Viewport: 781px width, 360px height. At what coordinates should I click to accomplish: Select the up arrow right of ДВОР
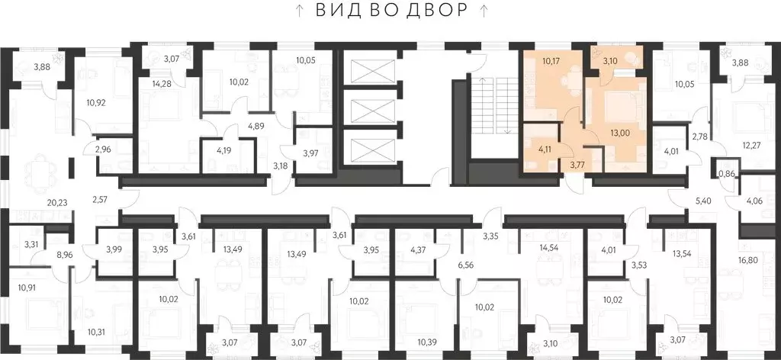pyautogui.click(x=483, y=10)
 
